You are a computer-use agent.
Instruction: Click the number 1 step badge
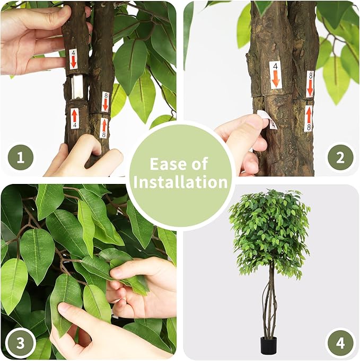[x=21, y=157]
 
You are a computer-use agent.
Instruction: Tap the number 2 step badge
[x=340, y=158]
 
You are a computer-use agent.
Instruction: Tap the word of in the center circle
[x=199, y=164]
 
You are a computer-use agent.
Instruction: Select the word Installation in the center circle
[x=180, y=182]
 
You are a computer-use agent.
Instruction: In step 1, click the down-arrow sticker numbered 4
[x=73, y=59]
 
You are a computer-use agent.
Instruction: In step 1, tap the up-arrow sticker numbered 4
[x=74, y=118]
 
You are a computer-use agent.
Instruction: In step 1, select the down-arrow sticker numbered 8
[x=106, y=102]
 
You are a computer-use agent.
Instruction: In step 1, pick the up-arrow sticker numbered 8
[x=104, y=128]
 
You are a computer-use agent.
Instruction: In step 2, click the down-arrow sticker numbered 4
[x=276, y=75]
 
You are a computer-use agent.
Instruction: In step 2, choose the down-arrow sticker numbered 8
[x=310, y=84]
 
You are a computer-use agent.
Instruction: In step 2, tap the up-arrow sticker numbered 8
[x=309, y=119]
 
